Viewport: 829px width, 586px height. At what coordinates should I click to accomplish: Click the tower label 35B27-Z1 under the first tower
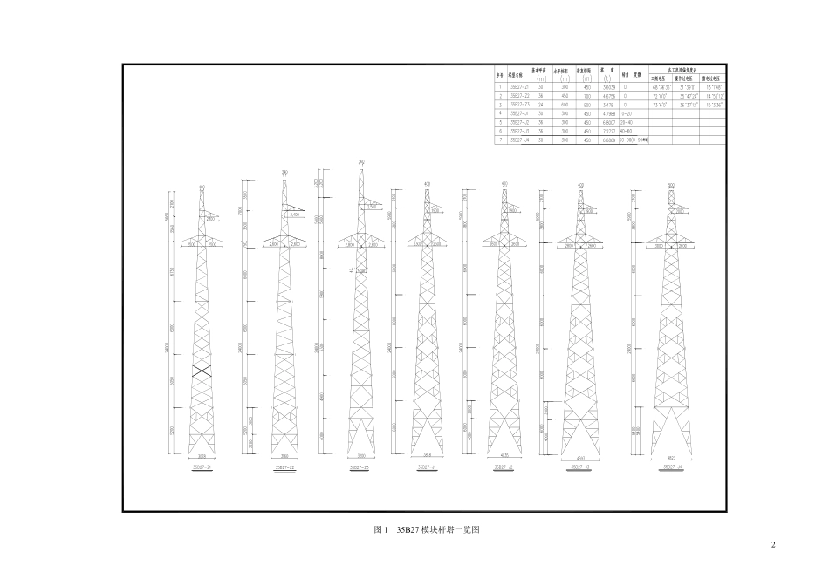click(202, 467)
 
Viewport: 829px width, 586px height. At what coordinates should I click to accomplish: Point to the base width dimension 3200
click(360, 456)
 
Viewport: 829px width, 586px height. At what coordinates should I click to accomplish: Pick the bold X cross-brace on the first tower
click(202, 370)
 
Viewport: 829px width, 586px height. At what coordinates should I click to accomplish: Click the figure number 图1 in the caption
click(380, 529)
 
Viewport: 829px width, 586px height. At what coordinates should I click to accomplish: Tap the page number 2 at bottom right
click(772, 546)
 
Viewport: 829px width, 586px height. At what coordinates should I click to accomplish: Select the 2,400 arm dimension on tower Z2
click(294, 214)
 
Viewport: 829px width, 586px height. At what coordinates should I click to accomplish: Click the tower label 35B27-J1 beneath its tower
click(427, 468)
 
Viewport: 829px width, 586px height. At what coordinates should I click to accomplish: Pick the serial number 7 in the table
click(501, 140)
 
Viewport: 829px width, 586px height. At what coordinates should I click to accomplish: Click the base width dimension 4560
click(580, 457)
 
